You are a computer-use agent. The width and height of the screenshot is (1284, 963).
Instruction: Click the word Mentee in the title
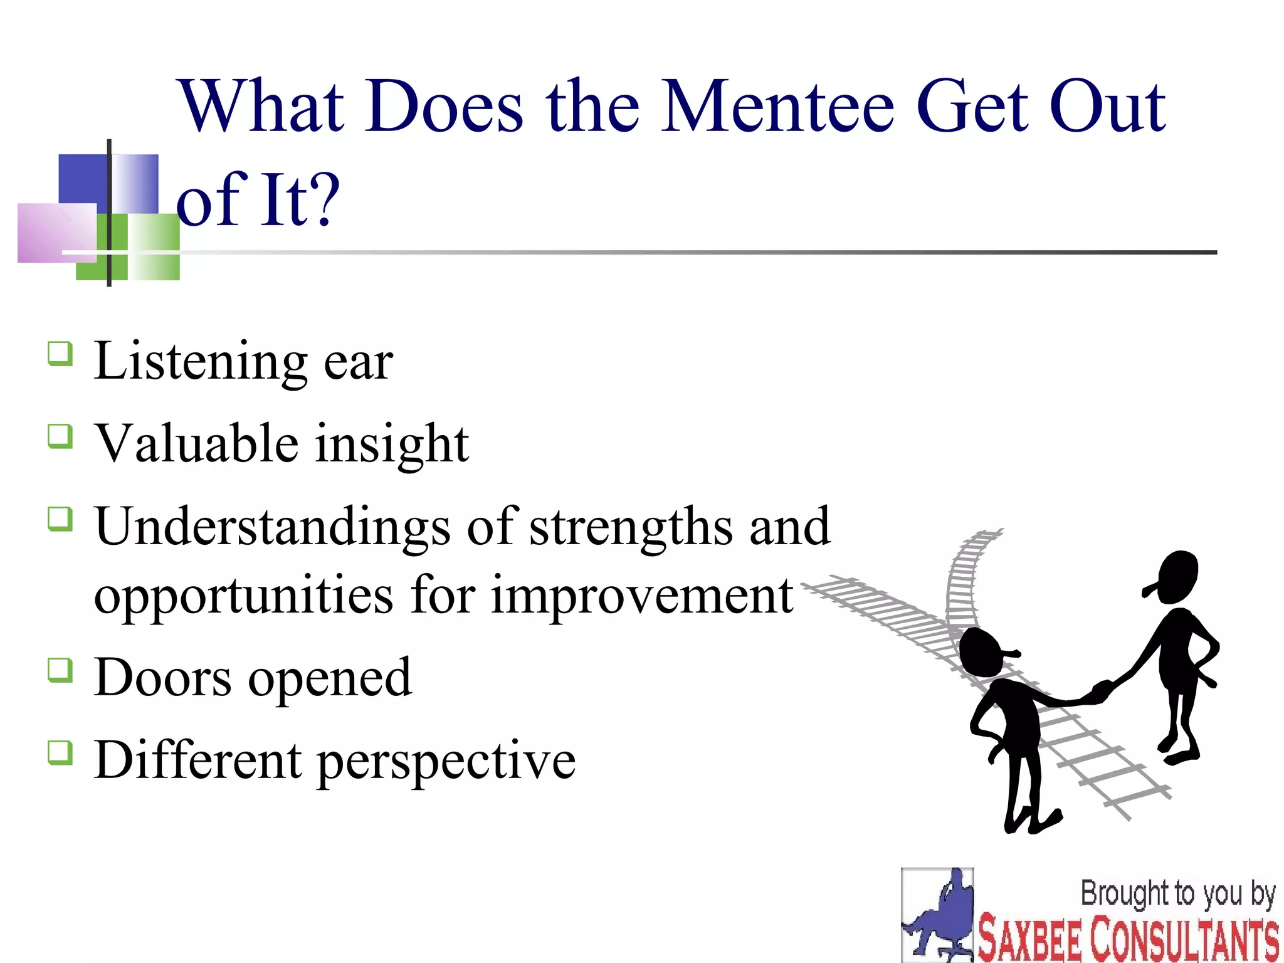click(x=777, y=107)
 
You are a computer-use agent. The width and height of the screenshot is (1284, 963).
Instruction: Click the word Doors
click(x=162, y=678)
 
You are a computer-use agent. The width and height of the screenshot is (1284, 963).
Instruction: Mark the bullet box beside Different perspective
click(x=60, y=752)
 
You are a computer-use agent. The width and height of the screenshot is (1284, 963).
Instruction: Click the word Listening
click(x=201, y=362)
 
